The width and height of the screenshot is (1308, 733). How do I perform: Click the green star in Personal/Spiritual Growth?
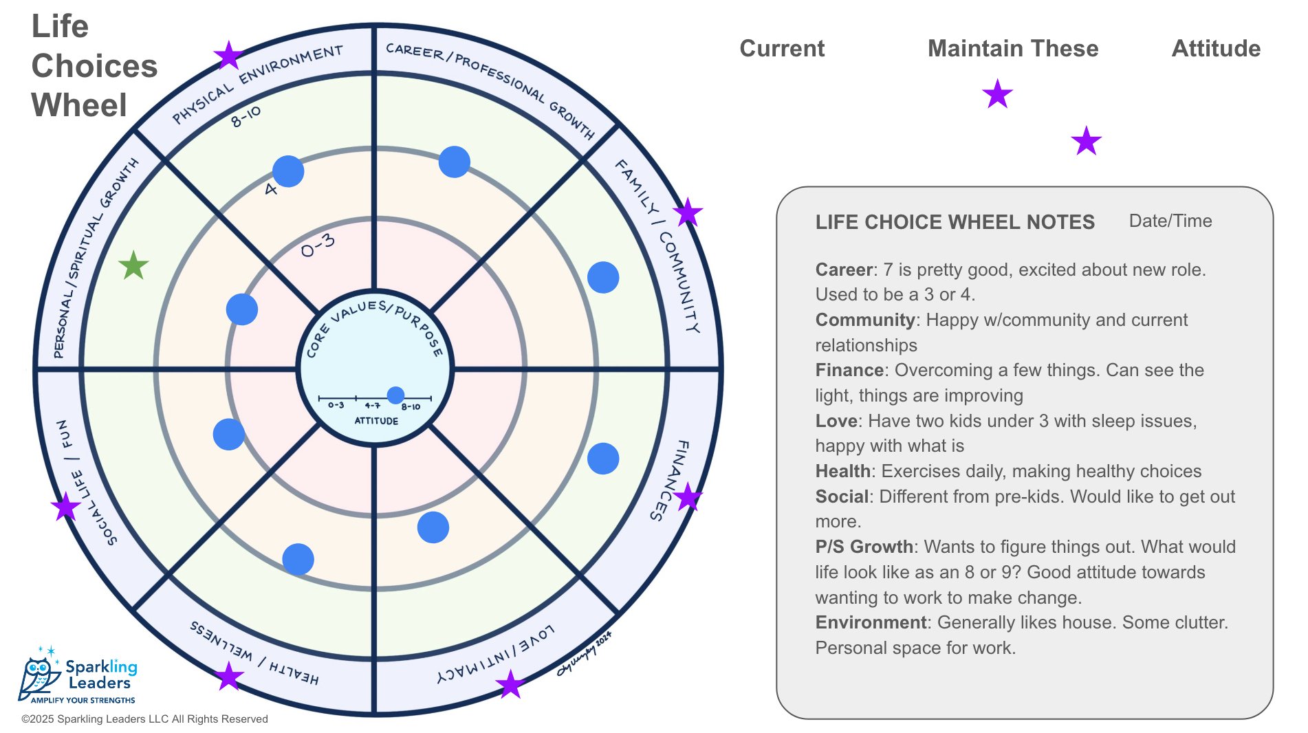tap(133, 265)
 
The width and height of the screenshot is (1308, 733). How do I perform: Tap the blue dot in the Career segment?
tap(454, 162)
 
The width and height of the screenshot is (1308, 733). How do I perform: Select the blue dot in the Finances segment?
tap(603, 459)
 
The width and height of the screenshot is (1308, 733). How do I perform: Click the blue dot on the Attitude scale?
tap(395, 395)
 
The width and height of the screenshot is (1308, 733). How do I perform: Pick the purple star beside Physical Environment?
tap(228, 56)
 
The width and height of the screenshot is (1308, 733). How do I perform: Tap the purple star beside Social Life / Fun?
tap(66, 507)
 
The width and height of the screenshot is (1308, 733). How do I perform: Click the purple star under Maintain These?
tap(997, 94)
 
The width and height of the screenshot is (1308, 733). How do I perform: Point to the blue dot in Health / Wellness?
tap(298, 559)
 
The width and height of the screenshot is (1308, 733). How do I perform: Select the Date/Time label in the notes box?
tap(1170, 221)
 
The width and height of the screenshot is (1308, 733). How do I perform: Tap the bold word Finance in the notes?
tap(849, 370)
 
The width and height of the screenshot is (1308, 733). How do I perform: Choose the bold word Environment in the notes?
tap(870, 622)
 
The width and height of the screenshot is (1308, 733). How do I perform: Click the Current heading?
tap(782, 48)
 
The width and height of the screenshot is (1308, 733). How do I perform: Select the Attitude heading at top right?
tap(1215, 48)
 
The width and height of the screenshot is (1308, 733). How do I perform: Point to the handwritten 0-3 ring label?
tap(318, 245)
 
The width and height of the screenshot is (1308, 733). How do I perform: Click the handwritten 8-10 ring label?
tap(246, 117)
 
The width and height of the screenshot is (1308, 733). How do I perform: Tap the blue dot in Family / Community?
tap(603, 277)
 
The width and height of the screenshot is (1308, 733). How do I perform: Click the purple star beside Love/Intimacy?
tap(510, 684)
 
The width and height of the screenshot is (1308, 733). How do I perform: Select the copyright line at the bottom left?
tap(144, 719)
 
